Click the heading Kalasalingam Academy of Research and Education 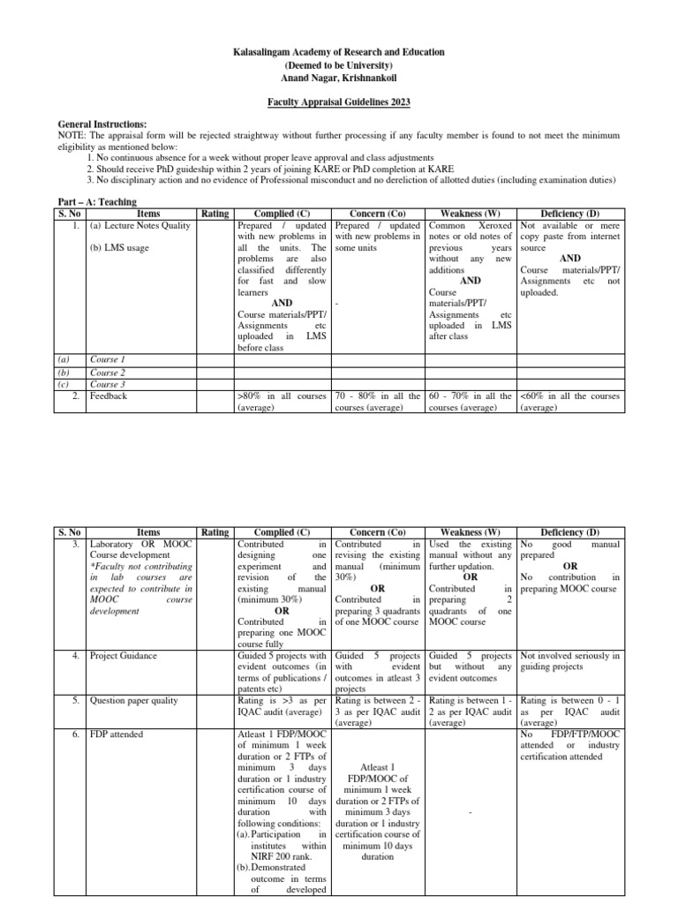[x=339, y=53]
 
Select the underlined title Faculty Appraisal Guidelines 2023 [x=339, y=102]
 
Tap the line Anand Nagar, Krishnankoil [x=339, y=78]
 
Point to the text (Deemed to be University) [x=339, y=65]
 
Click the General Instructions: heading [x=102, y=124]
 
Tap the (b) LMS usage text [x=119, y=248]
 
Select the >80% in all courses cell [x=283, y=402]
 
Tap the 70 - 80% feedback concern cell [x=378, y=402]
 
